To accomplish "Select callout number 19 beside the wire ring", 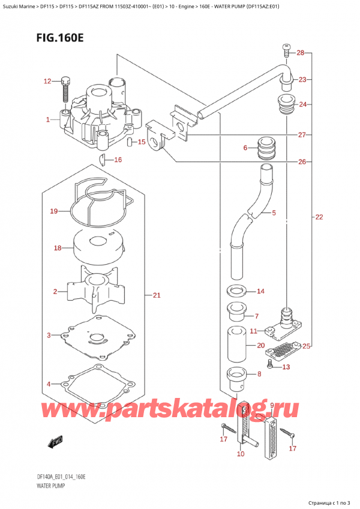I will tap(53, 211).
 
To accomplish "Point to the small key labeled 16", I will tap(102, 160).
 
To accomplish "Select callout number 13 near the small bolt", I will tap(286, 367).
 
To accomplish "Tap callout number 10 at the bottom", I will tap(241, 454).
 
